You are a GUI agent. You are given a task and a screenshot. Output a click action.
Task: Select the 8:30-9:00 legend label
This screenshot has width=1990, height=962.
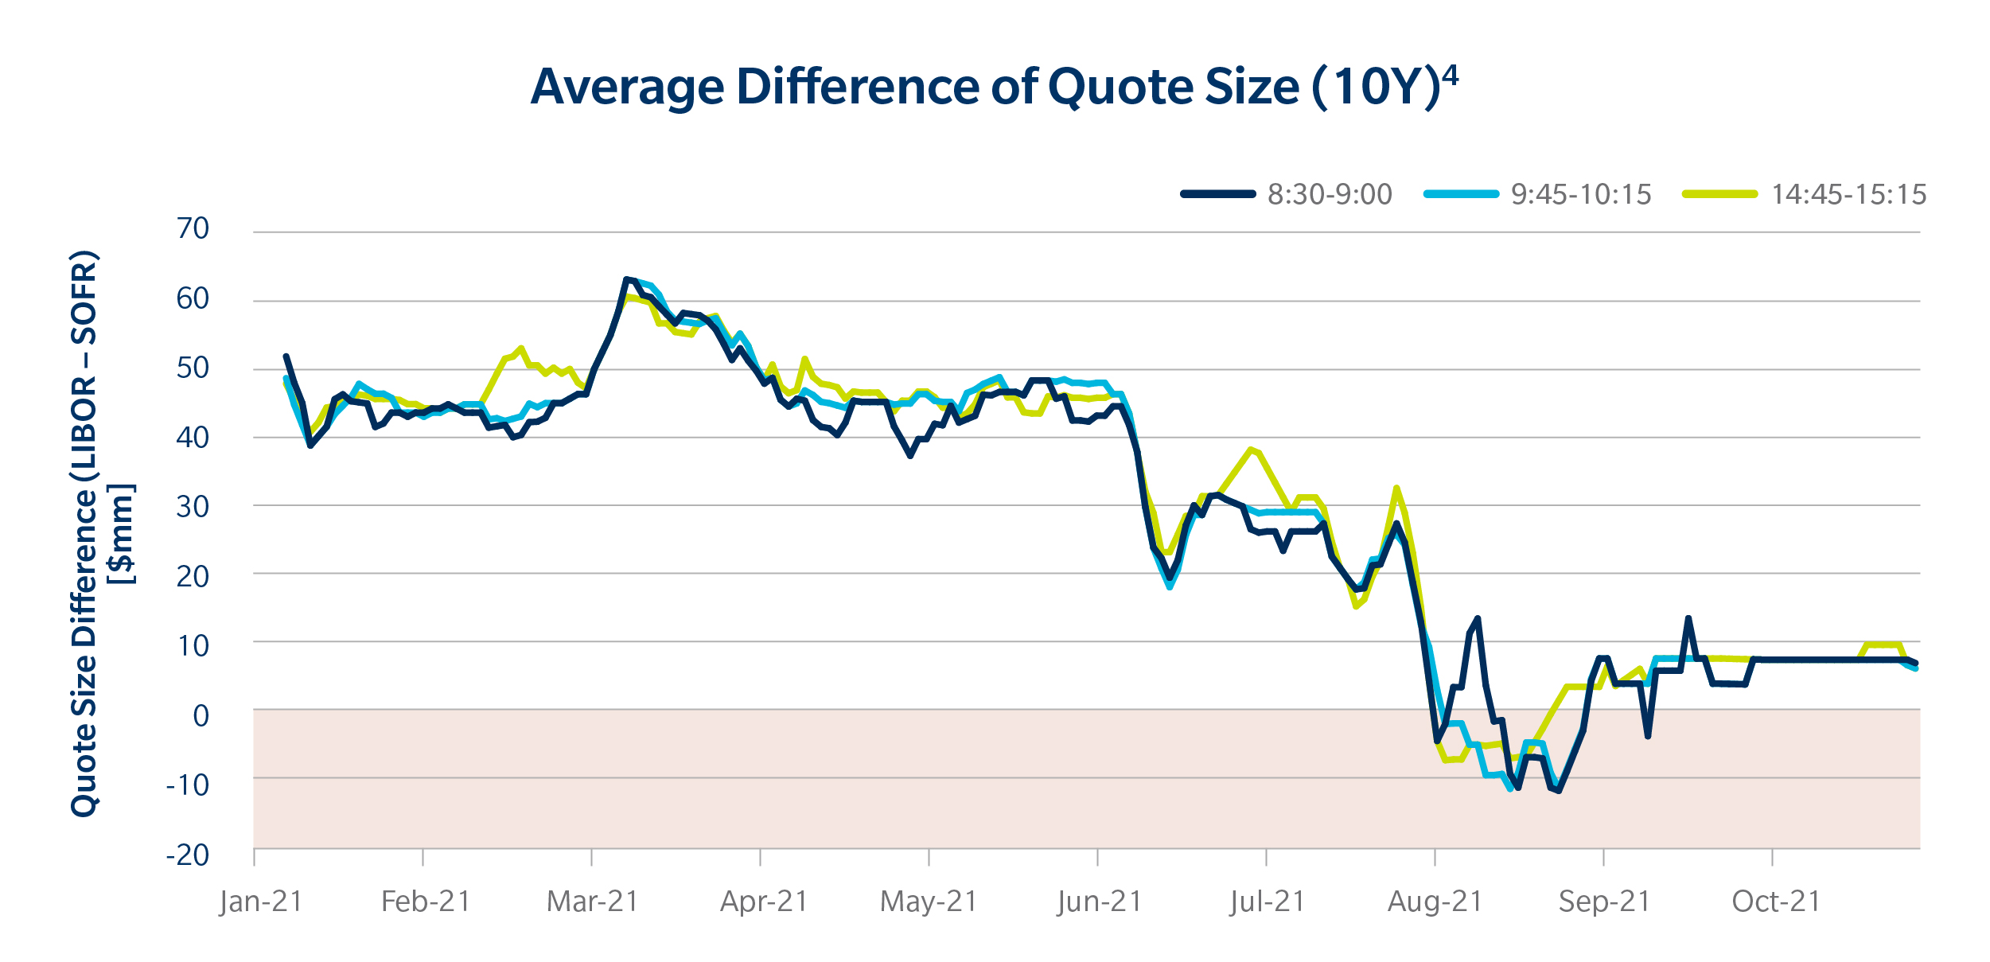(x=1330, y=194)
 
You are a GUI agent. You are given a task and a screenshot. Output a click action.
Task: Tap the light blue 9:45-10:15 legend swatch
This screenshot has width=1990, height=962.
(x=1461, y=194)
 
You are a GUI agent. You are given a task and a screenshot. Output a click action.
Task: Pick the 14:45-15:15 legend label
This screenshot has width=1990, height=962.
(x=1848, y=194)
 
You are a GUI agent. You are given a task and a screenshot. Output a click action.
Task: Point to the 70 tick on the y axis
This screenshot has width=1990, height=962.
(x=193, y=229)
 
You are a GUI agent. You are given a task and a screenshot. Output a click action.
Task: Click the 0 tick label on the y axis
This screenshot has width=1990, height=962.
(x=201, y=716)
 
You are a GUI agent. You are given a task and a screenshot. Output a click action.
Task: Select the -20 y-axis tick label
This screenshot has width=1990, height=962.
(x=188, y=855)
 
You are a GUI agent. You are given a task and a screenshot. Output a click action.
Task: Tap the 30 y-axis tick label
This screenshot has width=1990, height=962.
(x=193, y=507)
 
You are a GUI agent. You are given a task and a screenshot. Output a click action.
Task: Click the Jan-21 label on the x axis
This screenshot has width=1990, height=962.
(x=262, y=902)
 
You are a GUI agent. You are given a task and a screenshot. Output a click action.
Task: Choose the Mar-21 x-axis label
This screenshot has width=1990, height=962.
(x=593, y=902)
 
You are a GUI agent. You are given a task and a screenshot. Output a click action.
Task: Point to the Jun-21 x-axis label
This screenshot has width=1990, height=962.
(x=1100, y=902)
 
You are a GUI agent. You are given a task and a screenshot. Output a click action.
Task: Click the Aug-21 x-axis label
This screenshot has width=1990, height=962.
(x=1435, y=902)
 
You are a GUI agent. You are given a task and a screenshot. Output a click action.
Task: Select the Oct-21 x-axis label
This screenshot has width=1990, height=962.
(x=1776, y=902)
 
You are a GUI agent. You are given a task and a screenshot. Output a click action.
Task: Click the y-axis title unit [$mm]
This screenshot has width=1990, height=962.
(x=122, y=533)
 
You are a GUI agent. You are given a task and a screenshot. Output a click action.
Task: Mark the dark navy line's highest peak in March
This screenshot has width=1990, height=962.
(x=627, y=279)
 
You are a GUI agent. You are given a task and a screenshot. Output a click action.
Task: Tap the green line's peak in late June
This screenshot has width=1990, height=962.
(x=1251, y=450)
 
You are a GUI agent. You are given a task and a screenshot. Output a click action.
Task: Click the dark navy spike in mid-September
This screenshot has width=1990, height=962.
(x=1688, y=618)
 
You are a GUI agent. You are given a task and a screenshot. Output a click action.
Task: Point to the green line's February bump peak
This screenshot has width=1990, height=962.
(x=520, y=348)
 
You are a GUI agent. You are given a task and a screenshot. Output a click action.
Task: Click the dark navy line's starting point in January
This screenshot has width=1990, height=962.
(x=286, y=356)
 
